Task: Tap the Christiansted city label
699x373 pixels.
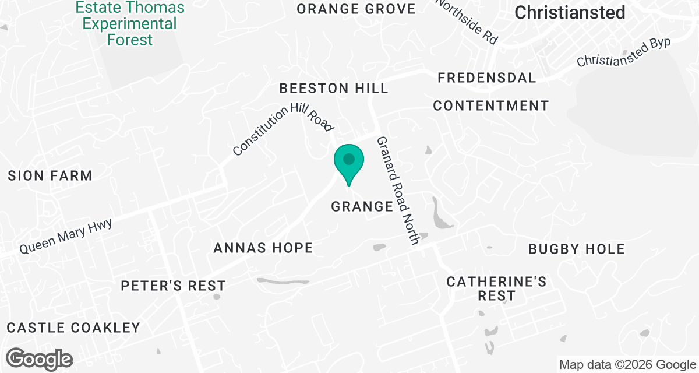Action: [x=570, y=12]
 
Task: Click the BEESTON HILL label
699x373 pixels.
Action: [x=334, y=88]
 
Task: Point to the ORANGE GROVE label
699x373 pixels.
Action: [x=356, y=9]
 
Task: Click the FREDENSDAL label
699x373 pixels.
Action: [x=486, y=78]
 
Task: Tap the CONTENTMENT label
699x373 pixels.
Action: [x=490, y=105]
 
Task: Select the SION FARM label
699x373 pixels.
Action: [x=50, y=175]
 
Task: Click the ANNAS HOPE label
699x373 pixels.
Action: [x=263, y=248]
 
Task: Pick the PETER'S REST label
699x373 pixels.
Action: [x=173, y=286]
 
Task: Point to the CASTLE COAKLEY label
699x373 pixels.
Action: [x=74, y=328]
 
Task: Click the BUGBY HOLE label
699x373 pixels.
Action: [x=576, y=249]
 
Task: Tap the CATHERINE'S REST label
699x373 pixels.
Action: [x=496, y=288]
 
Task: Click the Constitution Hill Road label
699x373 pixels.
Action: [x=283, y=131]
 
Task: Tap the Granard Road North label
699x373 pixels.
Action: [x=398, y=190]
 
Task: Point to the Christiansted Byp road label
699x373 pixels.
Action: [x=623, y=52]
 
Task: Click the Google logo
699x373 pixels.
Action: [x=40, y=358]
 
